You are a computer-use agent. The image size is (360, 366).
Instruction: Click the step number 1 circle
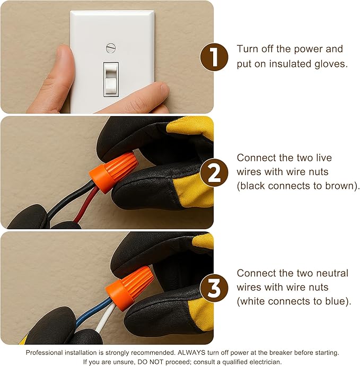[214, 57]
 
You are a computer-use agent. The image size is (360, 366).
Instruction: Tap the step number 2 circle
[214, 173]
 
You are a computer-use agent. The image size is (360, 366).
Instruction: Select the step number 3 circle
[214, 288]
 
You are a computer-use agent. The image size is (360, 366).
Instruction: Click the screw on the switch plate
[111, 48]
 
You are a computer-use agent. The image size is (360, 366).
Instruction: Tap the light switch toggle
[111, 80]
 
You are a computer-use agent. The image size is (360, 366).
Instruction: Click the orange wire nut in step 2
[113, 171]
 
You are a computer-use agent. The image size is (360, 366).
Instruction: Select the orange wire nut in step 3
[130, 287]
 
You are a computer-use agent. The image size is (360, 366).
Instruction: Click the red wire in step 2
[86, 205]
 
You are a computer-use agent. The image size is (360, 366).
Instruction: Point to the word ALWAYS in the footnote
[191, 352]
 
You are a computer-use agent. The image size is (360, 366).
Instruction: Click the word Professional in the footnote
[45, 352]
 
